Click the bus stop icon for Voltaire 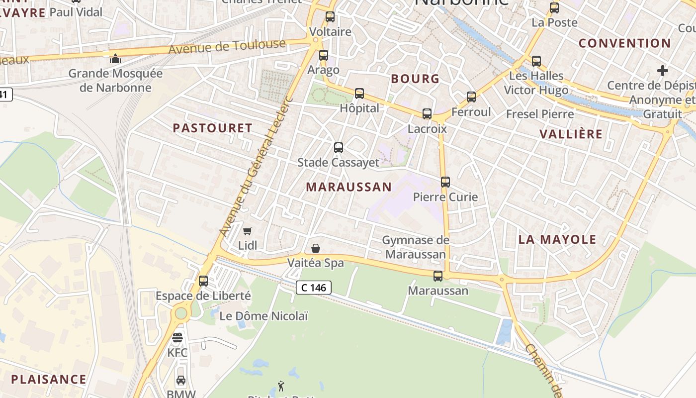tap(330, 17)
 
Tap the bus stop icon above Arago tap(324, 55)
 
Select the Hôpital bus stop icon tap(359, 93)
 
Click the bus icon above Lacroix tap(427, 114)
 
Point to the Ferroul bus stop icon tap(471, 97)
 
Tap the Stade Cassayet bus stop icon tap(339, 148)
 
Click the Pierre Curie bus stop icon tap(445, 182)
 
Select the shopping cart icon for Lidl tap(247, 231)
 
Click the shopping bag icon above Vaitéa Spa tap(316, 248)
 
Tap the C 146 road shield tap(314, 287)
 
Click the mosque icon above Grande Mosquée tap(115, 59)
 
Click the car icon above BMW tap(181, 381)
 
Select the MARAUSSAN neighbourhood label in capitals tap(348, 187)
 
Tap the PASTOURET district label tap(213, 128)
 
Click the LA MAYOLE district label tap(557, 239)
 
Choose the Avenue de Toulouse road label tap(227, 47)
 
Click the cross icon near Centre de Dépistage tap(663, 71)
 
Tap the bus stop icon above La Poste tap(554, 8)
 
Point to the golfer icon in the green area tap(281, 386)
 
